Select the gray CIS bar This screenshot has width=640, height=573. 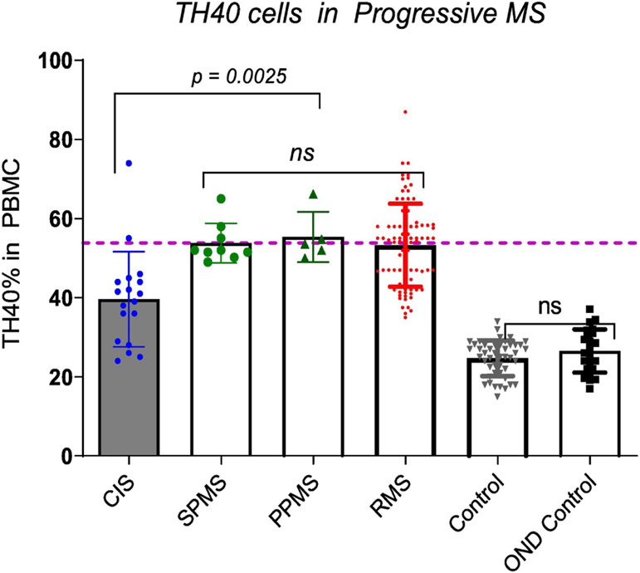pos(129,390)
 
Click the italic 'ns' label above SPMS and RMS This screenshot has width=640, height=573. pos(312,153)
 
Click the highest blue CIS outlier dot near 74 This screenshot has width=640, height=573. pos(129,164)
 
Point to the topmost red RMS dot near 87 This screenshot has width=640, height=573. pos(405,111)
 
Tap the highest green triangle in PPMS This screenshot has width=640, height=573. pos(314,194)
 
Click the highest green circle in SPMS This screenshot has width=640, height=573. pos(222,198)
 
